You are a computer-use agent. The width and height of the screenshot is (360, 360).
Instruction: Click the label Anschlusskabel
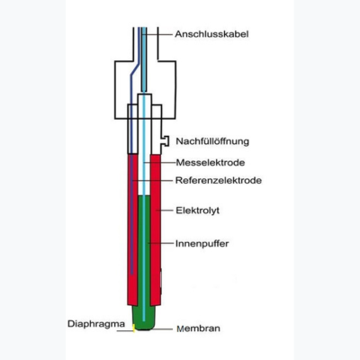coord(211,34)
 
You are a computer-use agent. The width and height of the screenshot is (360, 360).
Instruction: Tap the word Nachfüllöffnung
coord(212,141)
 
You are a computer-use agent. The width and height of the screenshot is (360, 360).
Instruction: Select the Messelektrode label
coord(211,163)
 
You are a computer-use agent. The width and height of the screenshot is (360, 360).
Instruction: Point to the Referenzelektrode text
coord(219,180)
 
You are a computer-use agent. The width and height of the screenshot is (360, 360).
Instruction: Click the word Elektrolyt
coord(197,211)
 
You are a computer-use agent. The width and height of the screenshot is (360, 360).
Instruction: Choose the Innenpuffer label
coord(202,243)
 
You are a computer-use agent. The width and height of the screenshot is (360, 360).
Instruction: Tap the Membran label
coord(198,328)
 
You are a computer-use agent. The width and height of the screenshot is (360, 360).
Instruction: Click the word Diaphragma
coord(96,324)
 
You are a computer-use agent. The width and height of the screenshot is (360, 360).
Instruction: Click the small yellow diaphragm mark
coord(134,328)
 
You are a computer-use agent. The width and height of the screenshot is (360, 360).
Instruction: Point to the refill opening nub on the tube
coord(165,141)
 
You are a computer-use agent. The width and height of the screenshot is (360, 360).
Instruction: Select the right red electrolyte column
coord(156,229)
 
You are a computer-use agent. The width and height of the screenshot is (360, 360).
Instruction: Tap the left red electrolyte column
coord(132,229)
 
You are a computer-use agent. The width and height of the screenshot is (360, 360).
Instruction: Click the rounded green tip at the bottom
coord(144,318)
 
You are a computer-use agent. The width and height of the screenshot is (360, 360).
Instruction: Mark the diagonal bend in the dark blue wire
coord(135,69)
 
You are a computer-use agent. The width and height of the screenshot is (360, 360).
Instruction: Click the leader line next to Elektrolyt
coord(165,211)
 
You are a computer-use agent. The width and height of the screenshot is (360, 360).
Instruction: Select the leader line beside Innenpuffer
coord(161,243)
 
